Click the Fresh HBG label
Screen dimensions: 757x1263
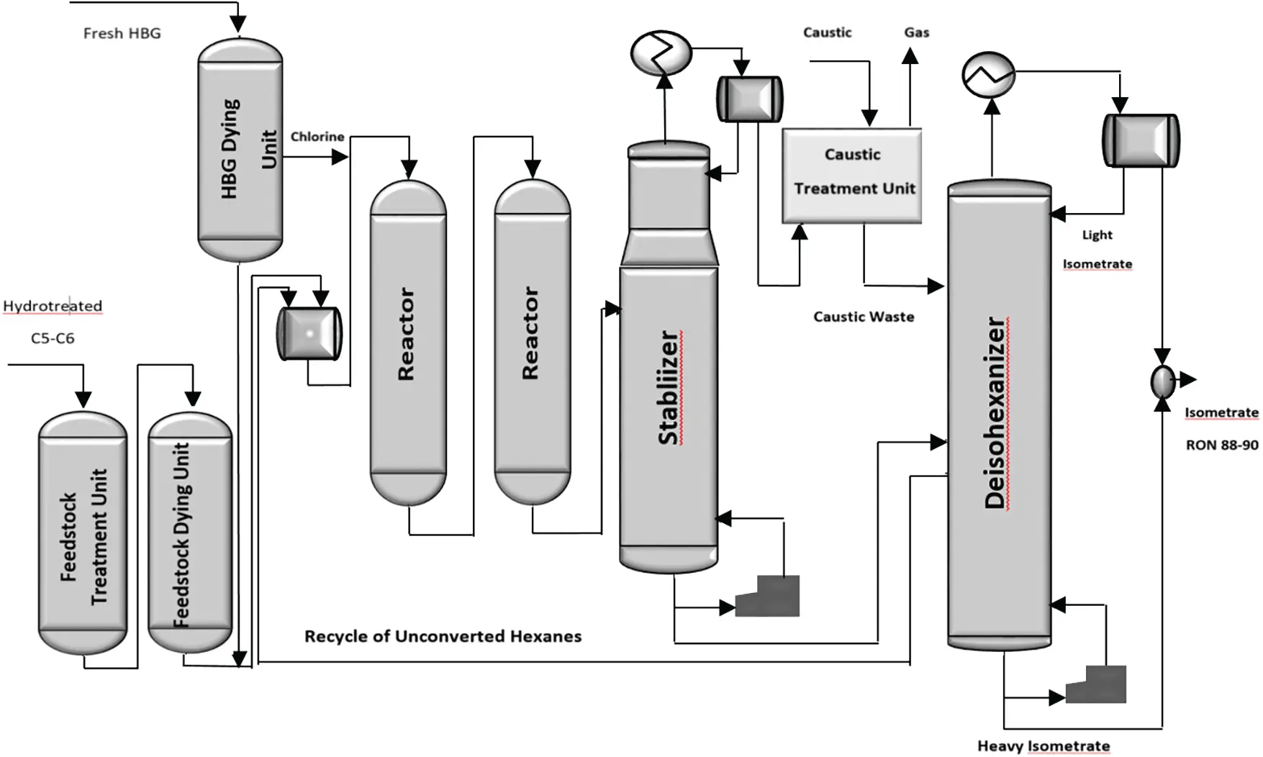(122, 33)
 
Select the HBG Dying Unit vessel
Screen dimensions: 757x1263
(240, 150)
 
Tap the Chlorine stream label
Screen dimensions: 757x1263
(317, 137)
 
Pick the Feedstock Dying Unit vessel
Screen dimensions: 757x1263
(190, 532)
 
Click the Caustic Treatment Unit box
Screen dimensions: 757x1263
(852, 176)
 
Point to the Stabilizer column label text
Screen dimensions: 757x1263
(669, 388)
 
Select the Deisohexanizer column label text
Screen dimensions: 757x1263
(996, 413)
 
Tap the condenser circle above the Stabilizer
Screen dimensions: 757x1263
(661, 53)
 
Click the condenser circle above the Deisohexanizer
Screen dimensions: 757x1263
(988, 75)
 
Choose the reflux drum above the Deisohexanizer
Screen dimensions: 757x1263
(1141, 140)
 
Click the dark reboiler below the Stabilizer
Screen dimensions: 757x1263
(768, 597)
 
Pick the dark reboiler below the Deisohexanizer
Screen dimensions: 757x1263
(1096, 684)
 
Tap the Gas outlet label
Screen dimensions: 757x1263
(916, 32)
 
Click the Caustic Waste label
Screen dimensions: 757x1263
(864, 317)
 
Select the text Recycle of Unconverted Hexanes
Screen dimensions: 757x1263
(443, 636)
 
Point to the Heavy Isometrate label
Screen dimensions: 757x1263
(1043, 746)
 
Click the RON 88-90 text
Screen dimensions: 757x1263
(1221, 445)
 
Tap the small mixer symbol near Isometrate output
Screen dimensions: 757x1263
(1162, 381)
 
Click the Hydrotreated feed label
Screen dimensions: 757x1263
(53, 306)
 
